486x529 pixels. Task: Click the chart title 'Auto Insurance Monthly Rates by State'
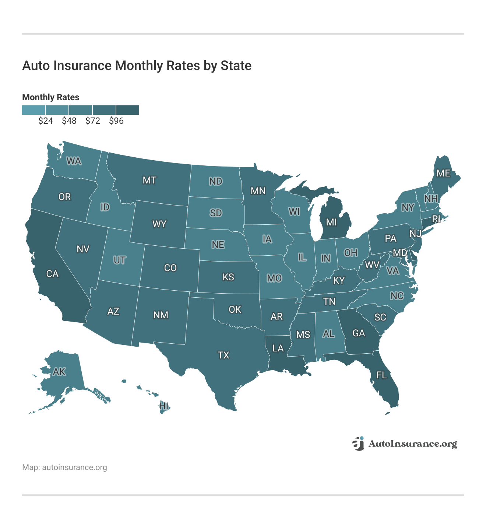(137, 66)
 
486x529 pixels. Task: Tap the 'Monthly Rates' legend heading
(51, 97)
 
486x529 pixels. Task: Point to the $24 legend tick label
(45, 121)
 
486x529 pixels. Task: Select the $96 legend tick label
(116, 121)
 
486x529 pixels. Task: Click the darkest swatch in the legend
(128, 110)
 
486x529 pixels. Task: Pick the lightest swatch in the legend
(34, 110)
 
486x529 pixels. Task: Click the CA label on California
(52, 274)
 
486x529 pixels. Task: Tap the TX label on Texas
(223, 355)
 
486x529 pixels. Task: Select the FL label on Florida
(381, 375)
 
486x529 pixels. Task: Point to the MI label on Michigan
(331, 222)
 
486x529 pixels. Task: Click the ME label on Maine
(443, 173)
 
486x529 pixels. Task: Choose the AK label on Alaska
(59, 372)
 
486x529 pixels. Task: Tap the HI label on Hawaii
(164, 406)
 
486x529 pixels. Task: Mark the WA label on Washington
(74, 161)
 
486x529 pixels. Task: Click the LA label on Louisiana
(278, 348)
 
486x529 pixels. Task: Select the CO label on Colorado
(170, 268)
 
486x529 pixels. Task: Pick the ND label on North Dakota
(215, 181)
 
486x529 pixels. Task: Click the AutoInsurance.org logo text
(412, 444)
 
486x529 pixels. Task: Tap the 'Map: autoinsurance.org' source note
(64, 467)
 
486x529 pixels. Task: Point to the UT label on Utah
(119, 260)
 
